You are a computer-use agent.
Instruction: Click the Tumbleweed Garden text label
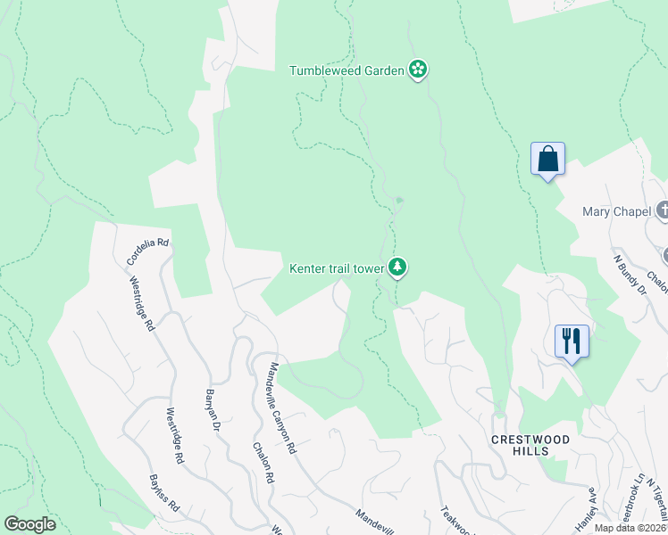(347, 70)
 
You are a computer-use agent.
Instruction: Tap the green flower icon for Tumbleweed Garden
(417, 70)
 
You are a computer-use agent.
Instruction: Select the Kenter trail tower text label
(336, 267)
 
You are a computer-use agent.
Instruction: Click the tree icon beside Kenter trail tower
(397, 267)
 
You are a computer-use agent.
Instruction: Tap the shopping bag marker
(547, 160)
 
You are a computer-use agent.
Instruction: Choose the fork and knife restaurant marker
(572, 342)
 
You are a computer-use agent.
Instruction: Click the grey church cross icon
(663, 211)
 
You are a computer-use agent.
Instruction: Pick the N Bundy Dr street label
(629, 274)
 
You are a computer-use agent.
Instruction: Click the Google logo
(30, 524)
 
